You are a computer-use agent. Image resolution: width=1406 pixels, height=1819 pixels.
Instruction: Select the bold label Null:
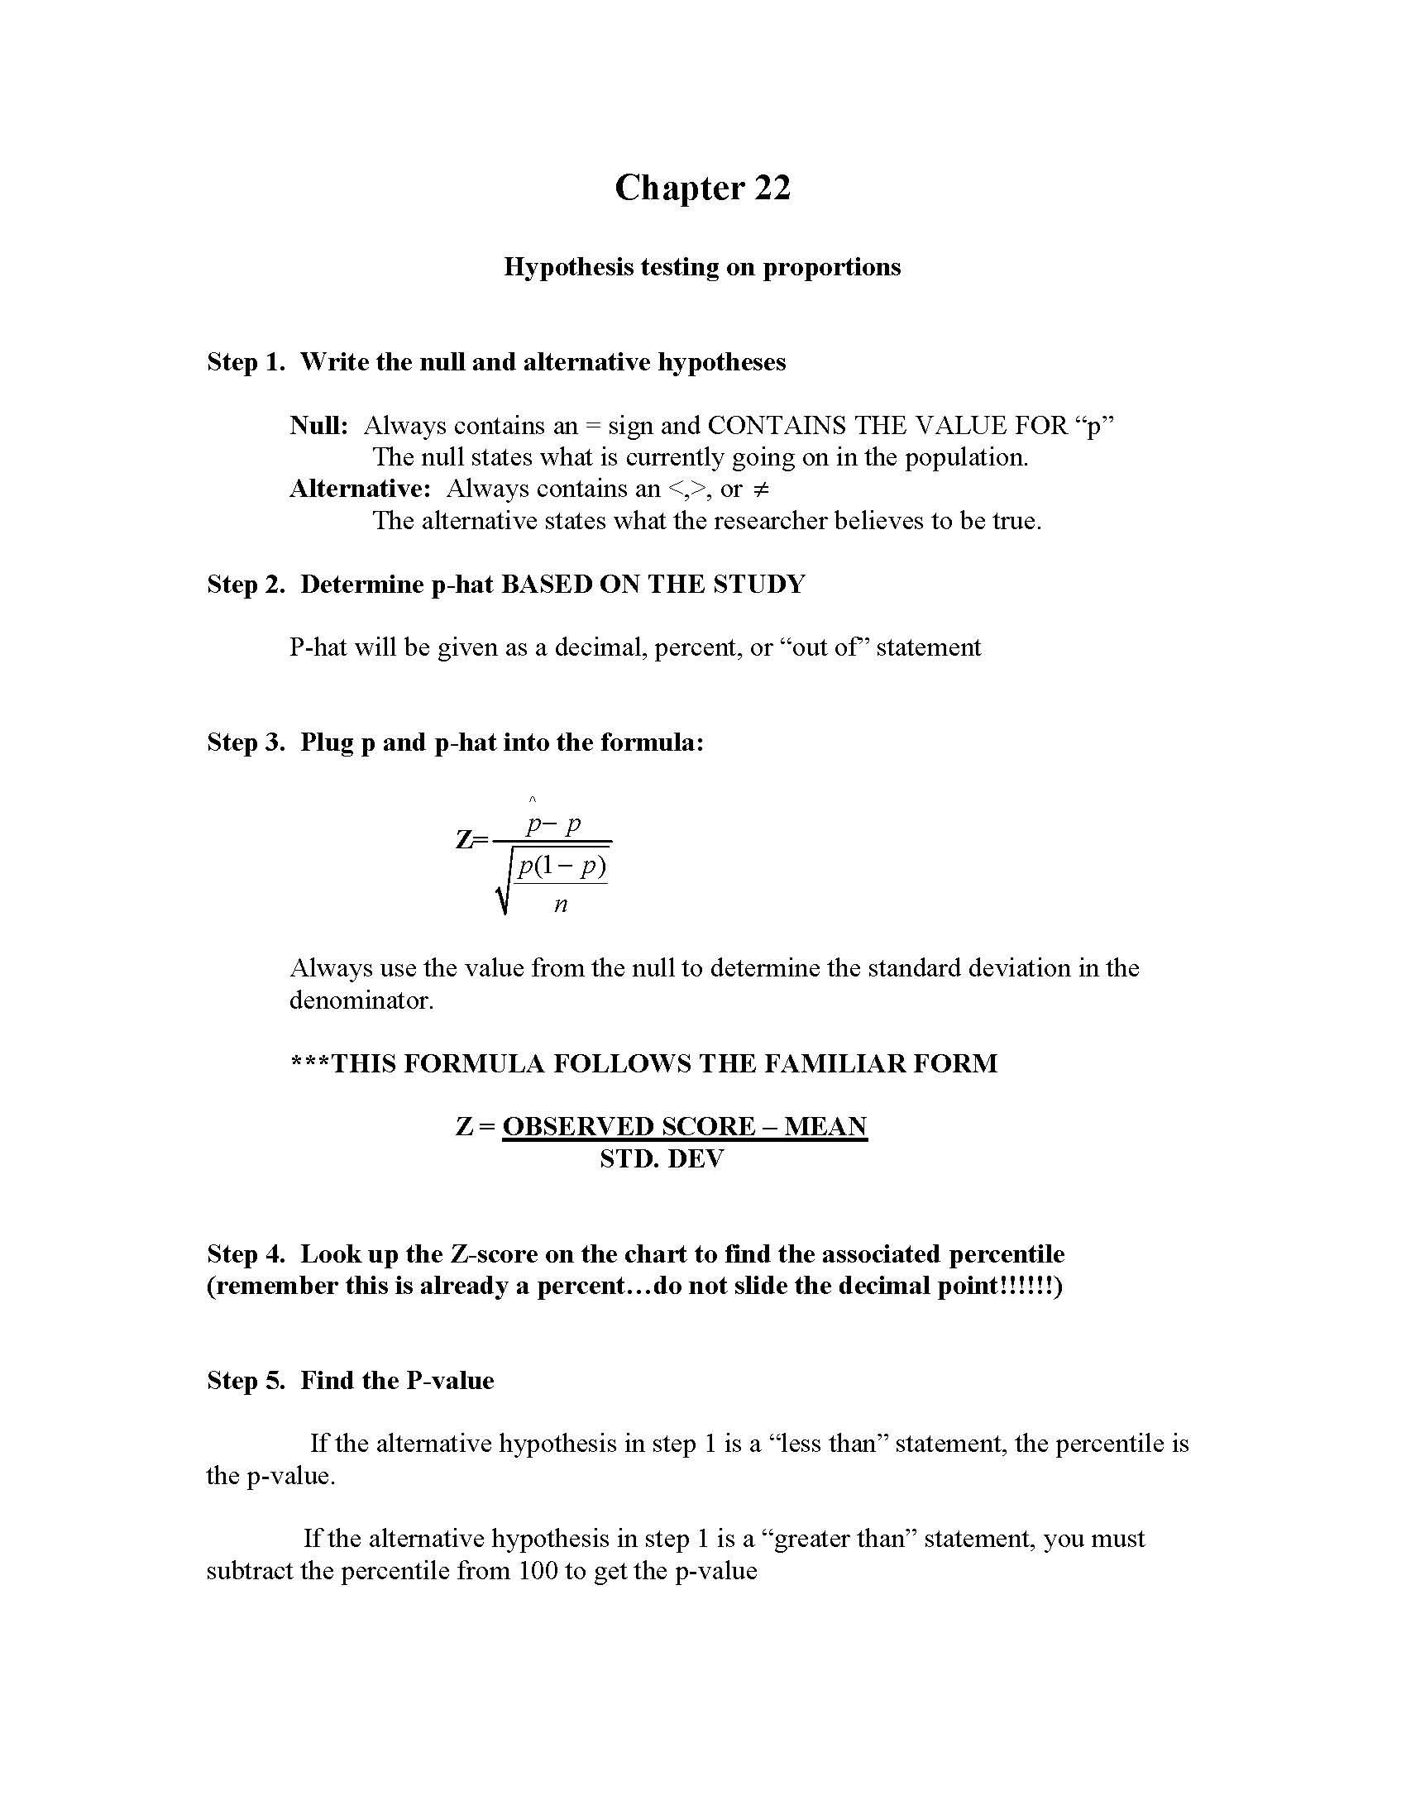319,426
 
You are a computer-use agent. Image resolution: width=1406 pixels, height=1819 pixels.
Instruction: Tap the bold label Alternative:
360,489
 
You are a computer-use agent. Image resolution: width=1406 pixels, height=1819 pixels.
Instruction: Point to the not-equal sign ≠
759,489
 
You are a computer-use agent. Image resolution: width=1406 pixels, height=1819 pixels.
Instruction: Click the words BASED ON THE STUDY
653,585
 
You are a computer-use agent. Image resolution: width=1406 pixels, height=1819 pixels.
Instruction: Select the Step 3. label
246,742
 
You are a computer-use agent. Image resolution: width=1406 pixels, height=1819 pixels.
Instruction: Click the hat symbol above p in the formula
533,801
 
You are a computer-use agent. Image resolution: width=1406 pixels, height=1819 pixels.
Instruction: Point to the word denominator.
361,1000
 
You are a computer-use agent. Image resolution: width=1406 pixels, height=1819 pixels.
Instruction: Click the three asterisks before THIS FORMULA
310,1063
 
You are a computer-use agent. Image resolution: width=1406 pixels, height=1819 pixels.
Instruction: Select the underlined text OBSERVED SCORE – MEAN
685,1127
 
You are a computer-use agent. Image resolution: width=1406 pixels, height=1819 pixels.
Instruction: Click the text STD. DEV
662,1158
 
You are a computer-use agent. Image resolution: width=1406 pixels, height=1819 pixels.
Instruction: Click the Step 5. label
246,1381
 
